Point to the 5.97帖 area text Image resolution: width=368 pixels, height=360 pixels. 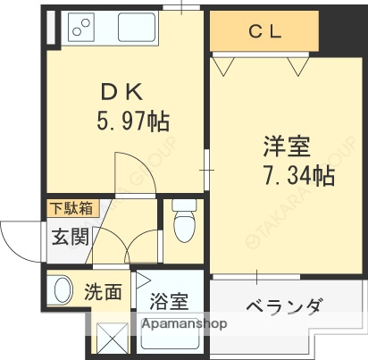pyautogui.click(x=132, y=120)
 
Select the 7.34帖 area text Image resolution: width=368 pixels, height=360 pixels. pyautogui.click(x=298, y=175)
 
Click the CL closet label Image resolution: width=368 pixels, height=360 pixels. pyautogui.click(x=265, y=33)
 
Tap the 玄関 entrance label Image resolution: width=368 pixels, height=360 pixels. pyautogui.click(x=68, y=237)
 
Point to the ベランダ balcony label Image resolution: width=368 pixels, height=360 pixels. pyautogui.click(x=282, y=308)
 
